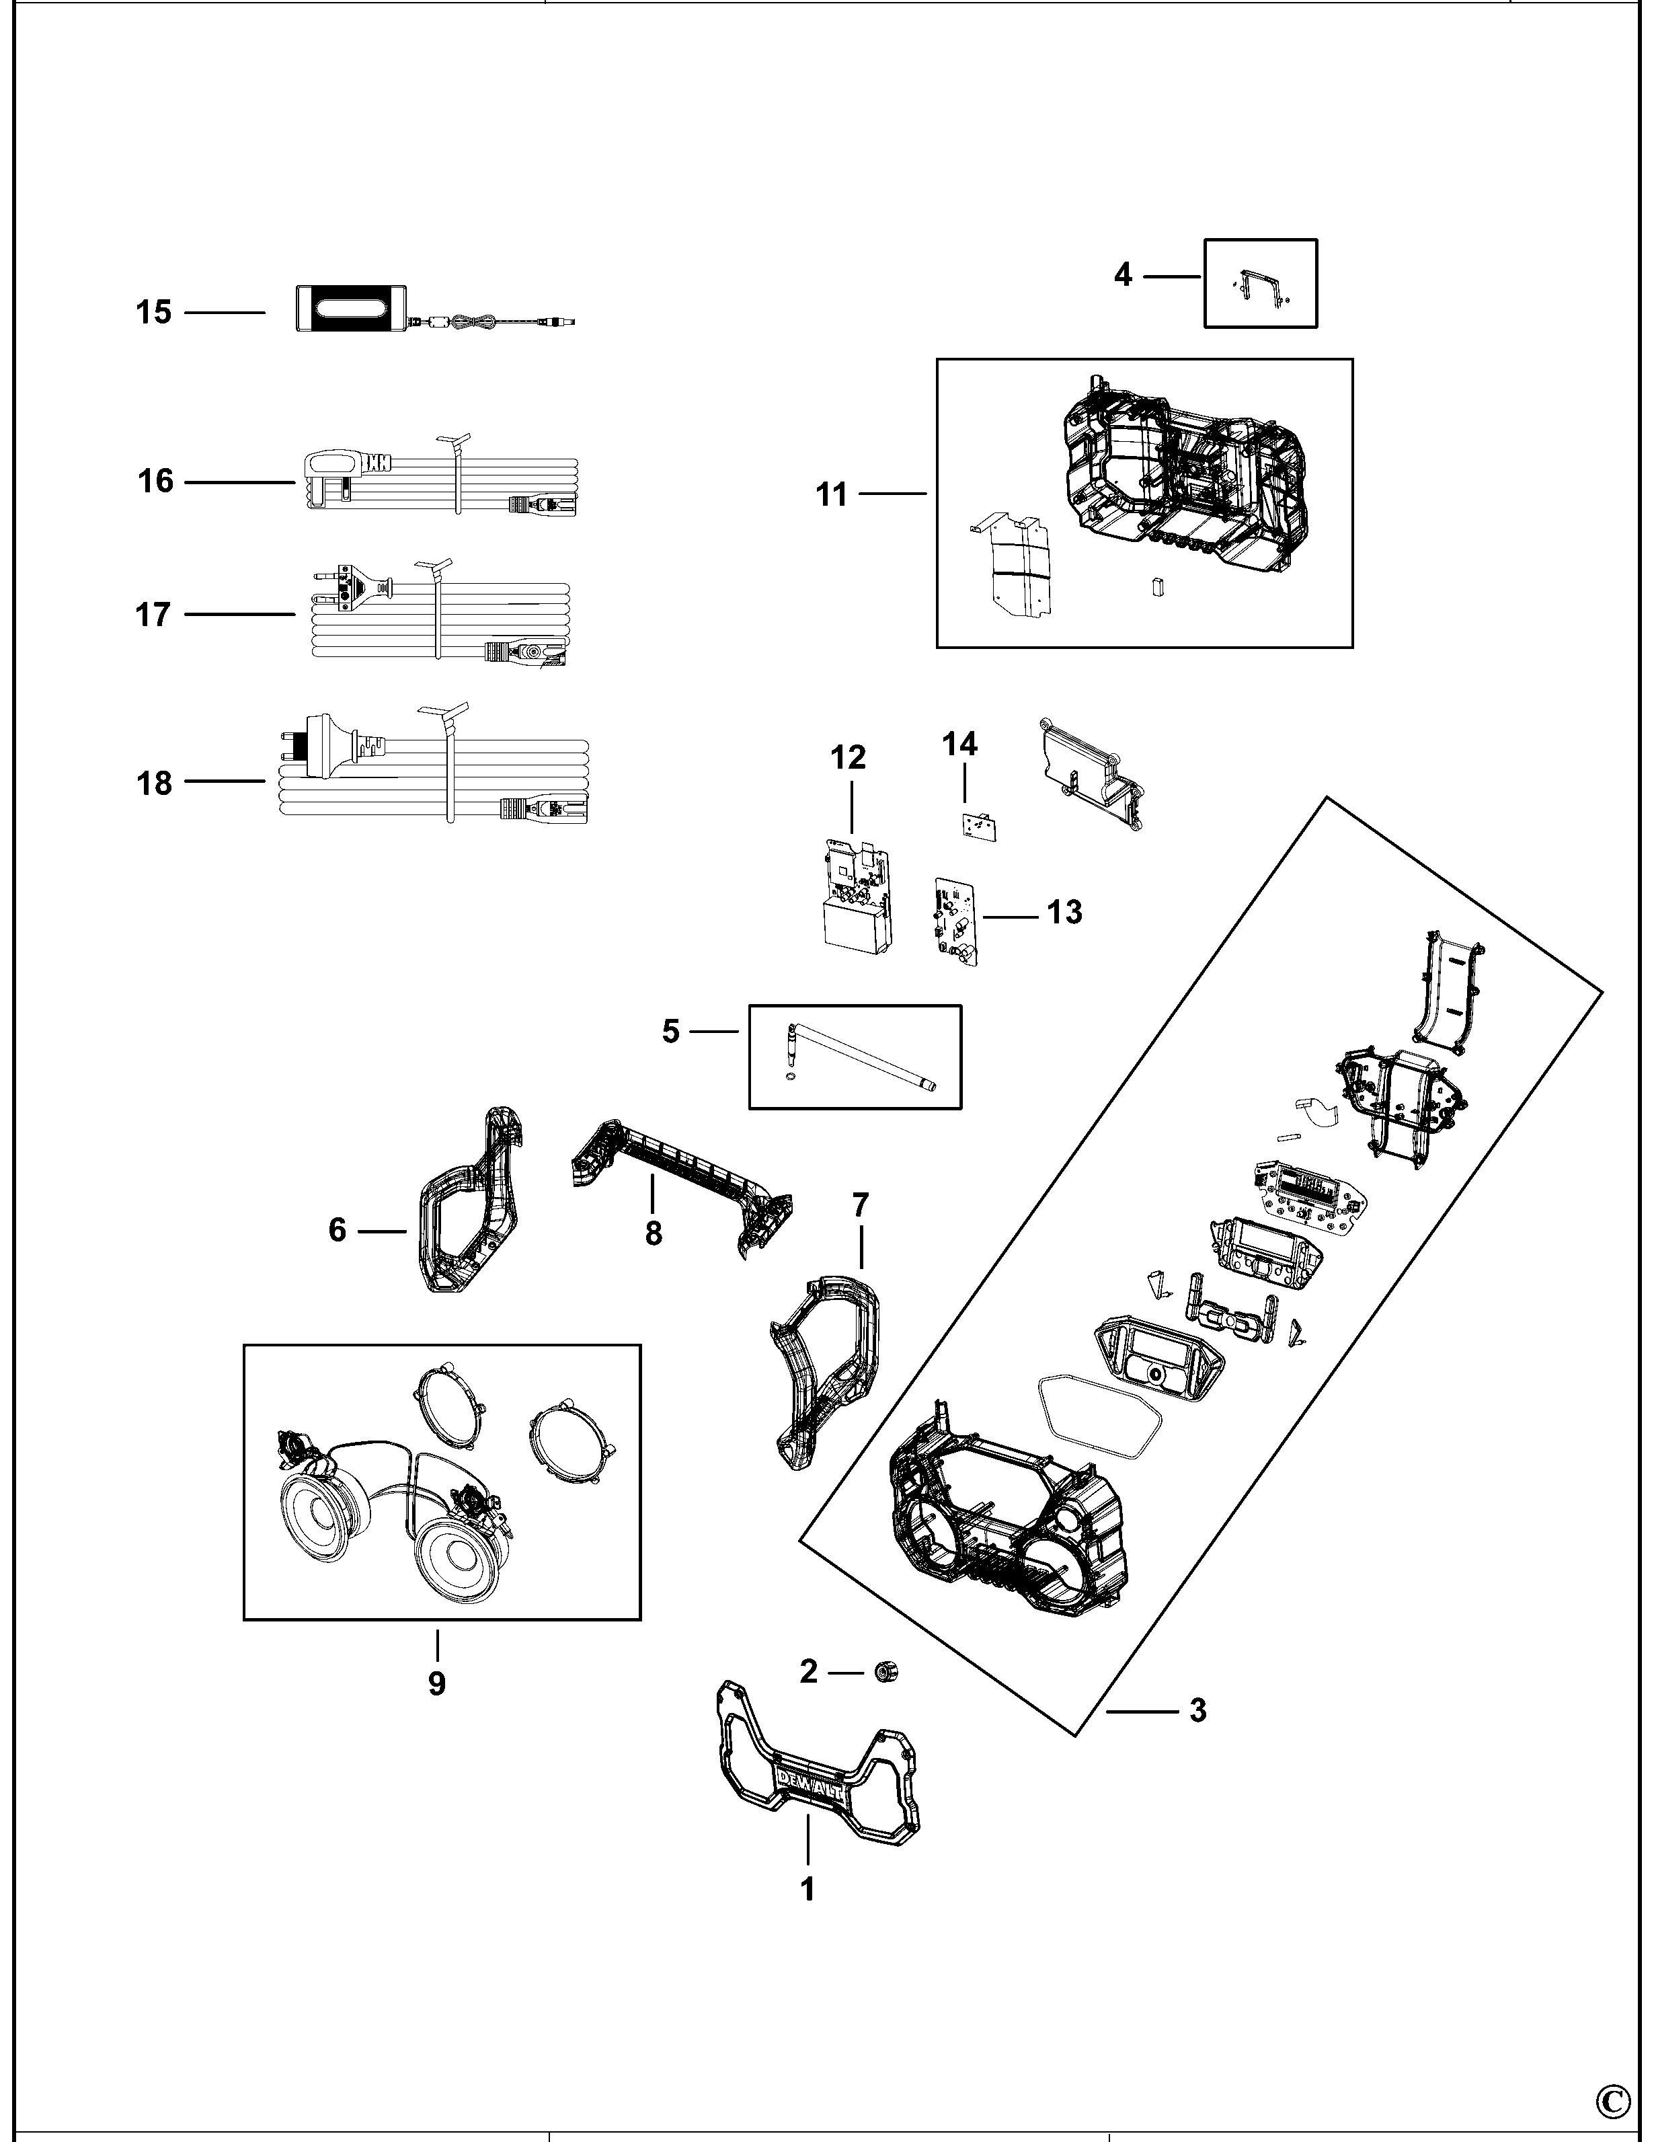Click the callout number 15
[x=153, y=313]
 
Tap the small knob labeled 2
[x=886, y=1671]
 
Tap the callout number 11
[x=832, y=495]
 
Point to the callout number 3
[x=1197, y=1710]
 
